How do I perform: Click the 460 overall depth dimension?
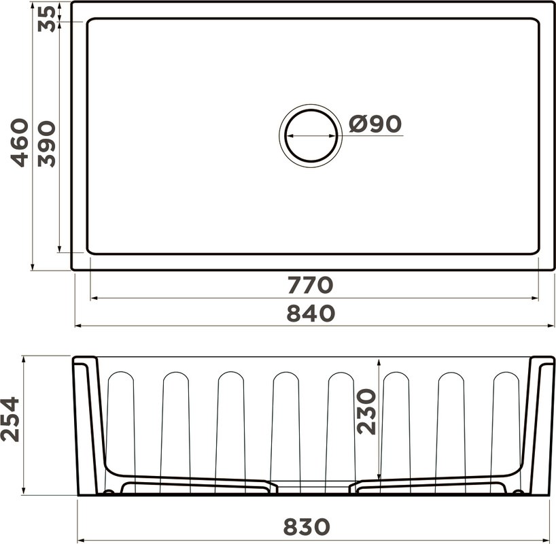(20, 143)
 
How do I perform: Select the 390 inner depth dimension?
(47, 143)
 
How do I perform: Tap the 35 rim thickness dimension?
(47, 19)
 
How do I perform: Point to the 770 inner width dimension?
(310, 285)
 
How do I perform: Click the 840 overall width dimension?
(311, 313)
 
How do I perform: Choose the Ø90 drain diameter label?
(375, 124)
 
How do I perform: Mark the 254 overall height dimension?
(10, 419)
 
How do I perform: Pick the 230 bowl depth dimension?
(366, 411)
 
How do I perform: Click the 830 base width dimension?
(307, 526)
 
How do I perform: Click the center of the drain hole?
(311, 135)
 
